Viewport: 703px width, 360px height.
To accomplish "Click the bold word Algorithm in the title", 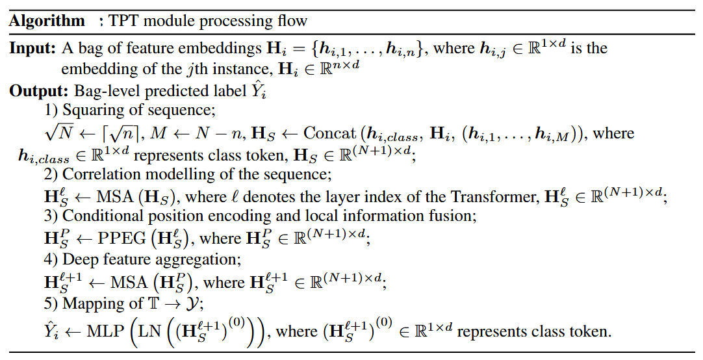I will point(47,21).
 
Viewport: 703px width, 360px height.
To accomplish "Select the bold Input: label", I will point(33,49).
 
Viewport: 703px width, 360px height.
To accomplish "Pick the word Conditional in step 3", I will point(102,216).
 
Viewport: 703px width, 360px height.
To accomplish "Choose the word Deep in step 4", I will point(78,259).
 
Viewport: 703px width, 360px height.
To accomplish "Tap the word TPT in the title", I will point(124,21).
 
